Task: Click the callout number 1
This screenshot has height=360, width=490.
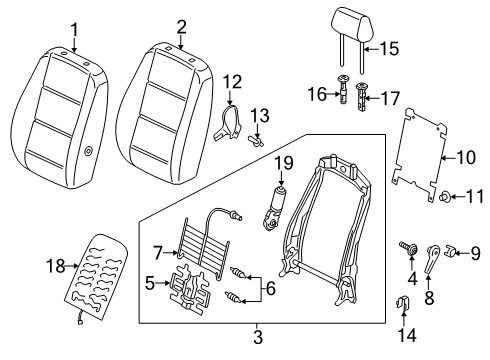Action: pos(74,30)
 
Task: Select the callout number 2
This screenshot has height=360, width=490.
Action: pos(181,27)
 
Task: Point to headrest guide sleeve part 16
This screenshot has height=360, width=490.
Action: pos(343,90)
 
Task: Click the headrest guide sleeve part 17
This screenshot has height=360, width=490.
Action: pos(362,96)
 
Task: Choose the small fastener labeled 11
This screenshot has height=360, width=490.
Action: pos(445,196)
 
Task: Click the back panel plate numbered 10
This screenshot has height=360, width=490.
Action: pos(419,154)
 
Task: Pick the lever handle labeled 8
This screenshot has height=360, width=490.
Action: pos(432,259)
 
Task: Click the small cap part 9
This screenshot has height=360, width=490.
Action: pos(450,251)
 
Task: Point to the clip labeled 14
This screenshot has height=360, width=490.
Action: pos(403,303)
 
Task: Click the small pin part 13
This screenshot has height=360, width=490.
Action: pos(255,140)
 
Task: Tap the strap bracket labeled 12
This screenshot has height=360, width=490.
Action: pos(228,123)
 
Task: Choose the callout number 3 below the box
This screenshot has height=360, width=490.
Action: pos(258,338)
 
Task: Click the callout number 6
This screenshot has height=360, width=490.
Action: pos(270,288)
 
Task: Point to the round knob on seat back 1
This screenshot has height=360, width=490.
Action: pos(88,151)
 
